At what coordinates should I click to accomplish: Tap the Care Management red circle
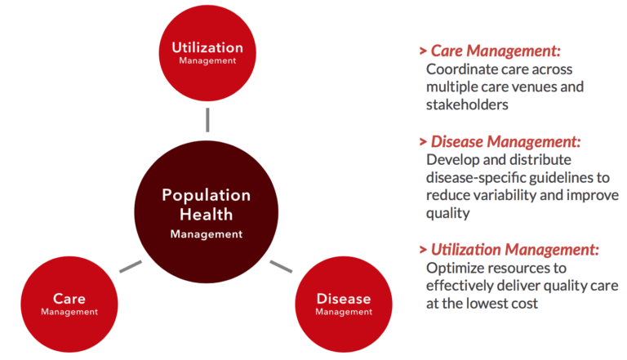(69, 304)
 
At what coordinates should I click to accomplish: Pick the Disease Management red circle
(343, 304)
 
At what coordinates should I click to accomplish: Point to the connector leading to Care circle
(131, 266)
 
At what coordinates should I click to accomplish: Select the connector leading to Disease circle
(281, 266)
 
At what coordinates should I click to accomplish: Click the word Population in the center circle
(206, 196)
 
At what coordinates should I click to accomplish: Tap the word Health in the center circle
(206, 215)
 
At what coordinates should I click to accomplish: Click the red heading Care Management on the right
(496, 51)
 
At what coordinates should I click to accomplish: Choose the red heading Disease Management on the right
(505, 141)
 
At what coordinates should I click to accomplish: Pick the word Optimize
(455, 268)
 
